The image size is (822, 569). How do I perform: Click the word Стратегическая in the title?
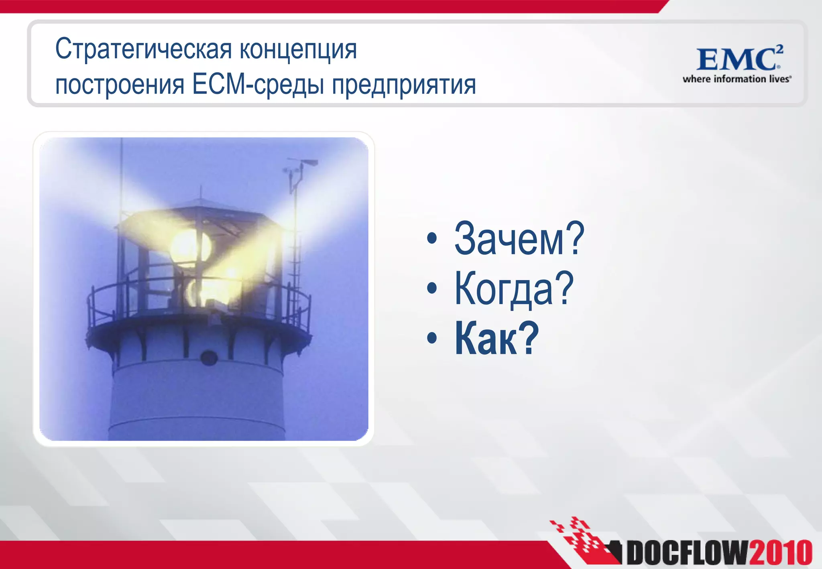pos(143,49)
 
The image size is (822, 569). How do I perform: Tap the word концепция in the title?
pos(298,49)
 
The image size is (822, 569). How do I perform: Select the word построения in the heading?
pos(120,85)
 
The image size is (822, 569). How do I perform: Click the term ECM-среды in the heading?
pos(258,85)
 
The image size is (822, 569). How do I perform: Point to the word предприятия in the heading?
pos(404,85)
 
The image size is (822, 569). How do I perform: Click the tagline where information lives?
pos(737,79)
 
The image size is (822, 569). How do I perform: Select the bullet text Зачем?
pos(519,239)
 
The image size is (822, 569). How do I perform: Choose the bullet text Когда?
pos(513,289)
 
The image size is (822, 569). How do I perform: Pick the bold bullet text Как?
pos(496,338)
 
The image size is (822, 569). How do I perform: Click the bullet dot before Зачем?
pos(432,239)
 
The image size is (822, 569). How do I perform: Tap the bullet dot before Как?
pos(432,338)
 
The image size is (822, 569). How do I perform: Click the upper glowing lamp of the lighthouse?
pos(189,247)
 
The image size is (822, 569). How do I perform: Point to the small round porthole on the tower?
pos(208,357)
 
